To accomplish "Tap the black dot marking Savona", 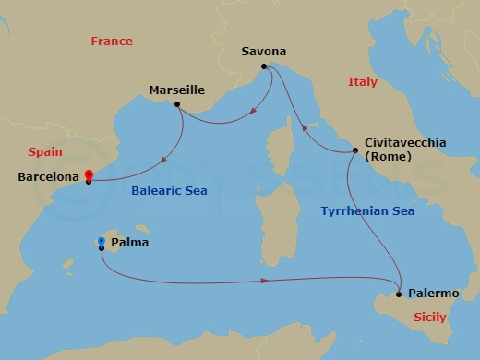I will (x=264, y=66).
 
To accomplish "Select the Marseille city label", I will (x=175, y=90).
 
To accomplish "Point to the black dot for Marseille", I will (x=177, y=104).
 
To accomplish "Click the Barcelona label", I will (x=46, y=176).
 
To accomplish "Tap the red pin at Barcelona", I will (x=89, y=174).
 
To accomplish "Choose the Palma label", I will (x=128, y=244).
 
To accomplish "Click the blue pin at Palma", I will (x=101, y=243).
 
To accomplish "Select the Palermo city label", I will (x=432, y=294).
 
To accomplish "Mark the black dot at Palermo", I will (x=398, y=294).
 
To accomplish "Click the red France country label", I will (x=112, y=42).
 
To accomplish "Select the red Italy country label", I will (x=362, y=83).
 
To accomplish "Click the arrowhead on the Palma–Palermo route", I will (x=265, y=280).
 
